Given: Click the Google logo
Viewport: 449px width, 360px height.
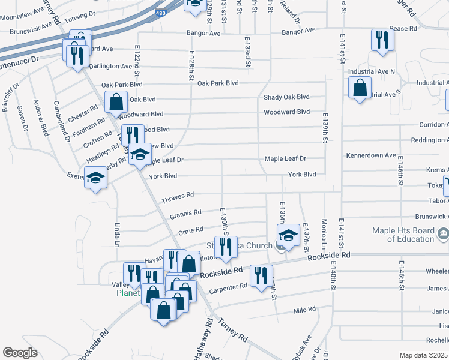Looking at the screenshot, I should click(20, 353).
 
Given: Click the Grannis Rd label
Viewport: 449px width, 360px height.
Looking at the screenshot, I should click(185, 212).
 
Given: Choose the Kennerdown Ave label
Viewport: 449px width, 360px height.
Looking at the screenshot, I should click(371, 155).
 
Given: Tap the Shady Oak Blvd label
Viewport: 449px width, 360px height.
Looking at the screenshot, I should click(286, 97).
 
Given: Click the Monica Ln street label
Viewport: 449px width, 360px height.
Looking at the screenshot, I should click(324, 235).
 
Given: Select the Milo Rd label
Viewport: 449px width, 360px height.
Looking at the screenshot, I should click(304, 310).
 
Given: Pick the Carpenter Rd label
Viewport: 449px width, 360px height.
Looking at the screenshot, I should click(228, 287).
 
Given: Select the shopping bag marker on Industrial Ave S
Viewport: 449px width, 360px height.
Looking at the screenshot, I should click(359, 88).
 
